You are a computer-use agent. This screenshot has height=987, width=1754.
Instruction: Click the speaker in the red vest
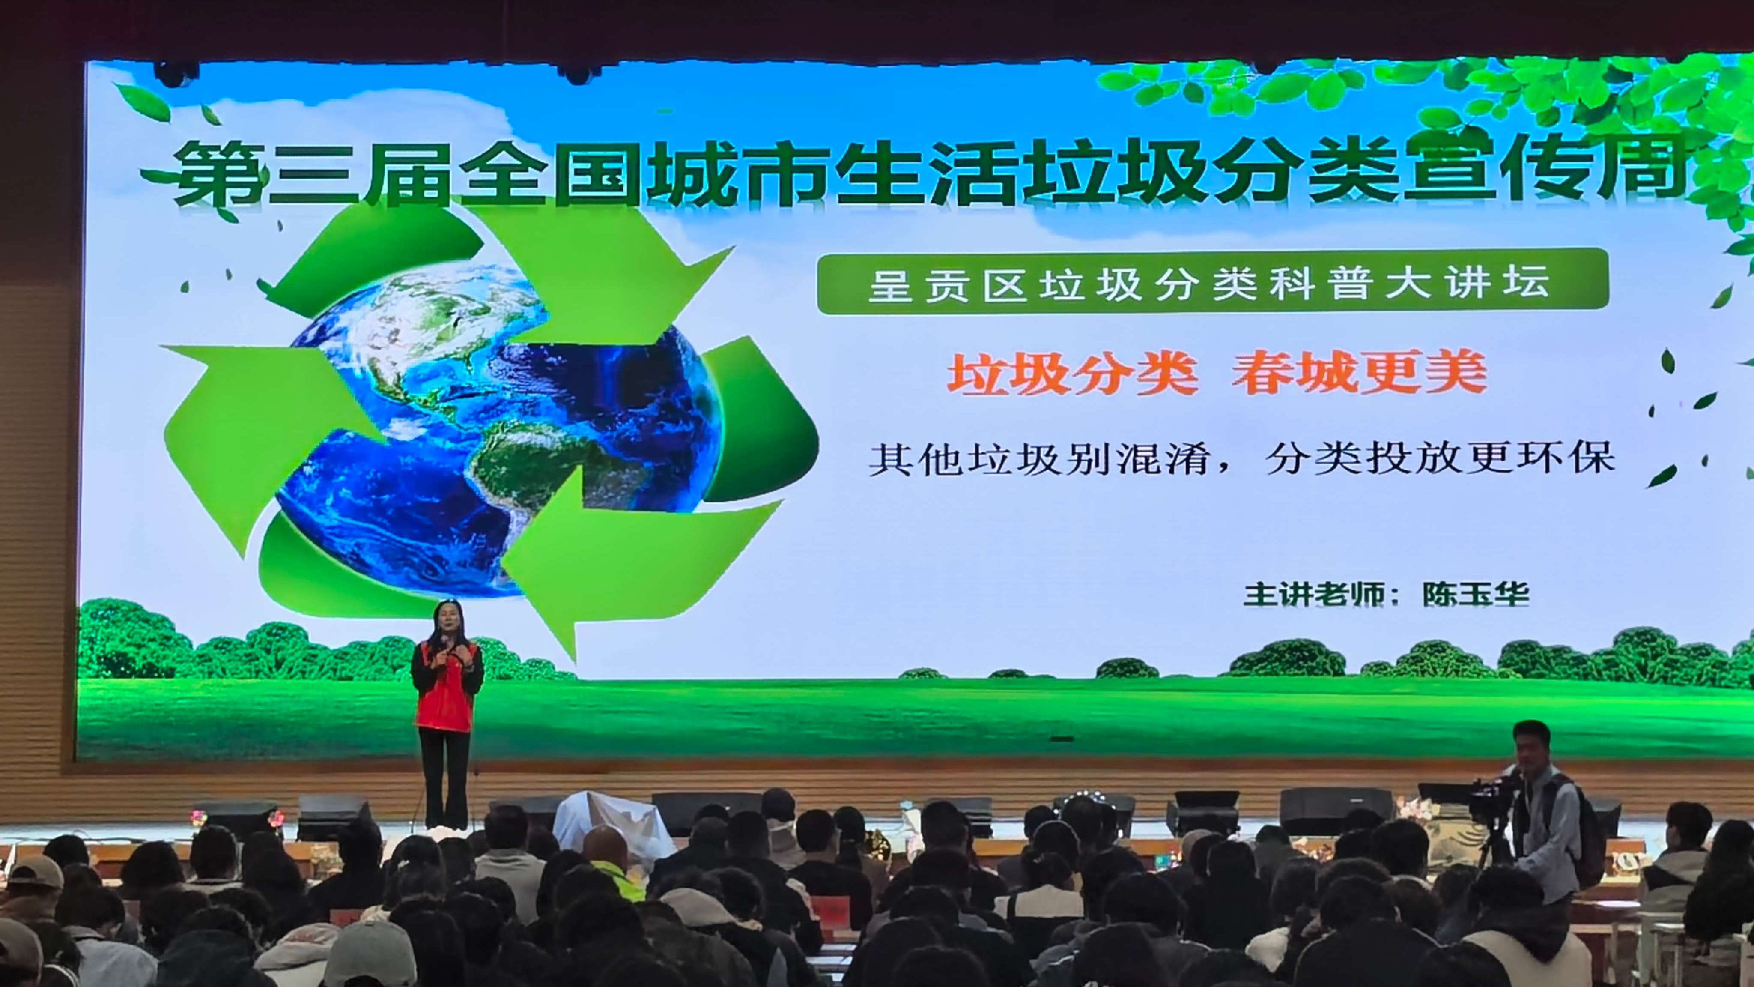(447, 709)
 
